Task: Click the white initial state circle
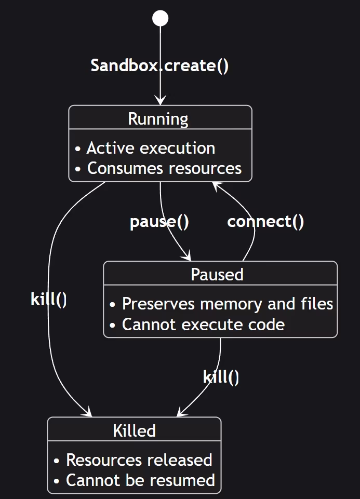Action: [160, 19]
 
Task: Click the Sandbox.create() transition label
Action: [160, 66]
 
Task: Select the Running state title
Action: [158, 119]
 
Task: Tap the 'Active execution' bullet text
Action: [151, 148]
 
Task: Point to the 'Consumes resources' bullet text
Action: [164, 168]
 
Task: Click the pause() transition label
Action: [159, 222]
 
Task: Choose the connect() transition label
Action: [265, 222]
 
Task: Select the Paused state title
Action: [217, 274]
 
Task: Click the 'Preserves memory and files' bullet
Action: [227, 304]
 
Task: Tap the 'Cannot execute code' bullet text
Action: [203, 325]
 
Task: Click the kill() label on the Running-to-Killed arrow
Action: [49, 300]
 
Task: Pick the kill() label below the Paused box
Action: [221, 377]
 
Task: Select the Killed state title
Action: [134, 430]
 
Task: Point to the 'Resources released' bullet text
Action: [139, 460]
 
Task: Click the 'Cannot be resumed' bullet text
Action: [140, 480]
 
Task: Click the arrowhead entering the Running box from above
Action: [160, 101]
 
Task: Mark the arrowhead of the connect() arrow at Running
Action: [215, 186]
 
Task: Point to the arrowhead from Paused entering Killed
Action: [181, 412]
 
